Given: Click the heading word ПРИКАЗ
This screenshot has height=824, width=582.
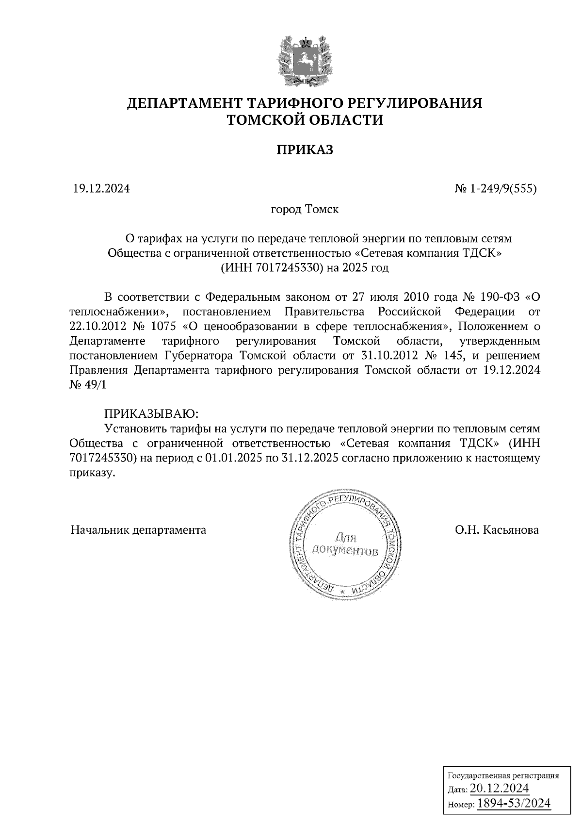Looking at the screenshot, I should pyautogui.click(x=305, y=149).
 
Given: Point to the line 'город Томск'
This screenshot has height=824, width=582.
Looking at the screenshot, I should pyautogui.click(x=305, y=210).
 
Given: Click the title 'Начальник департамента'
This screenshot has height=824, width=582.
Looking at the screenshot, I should pyautogui.click(x=139, y=530).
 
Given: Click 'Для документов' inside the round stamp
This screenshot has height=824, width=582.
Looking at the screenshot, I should pyautogui.click(x=344, y=544).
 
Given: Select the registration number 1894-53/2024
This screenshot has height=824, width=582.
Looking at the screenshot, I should pyautogui.click(x=514, y=804).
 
